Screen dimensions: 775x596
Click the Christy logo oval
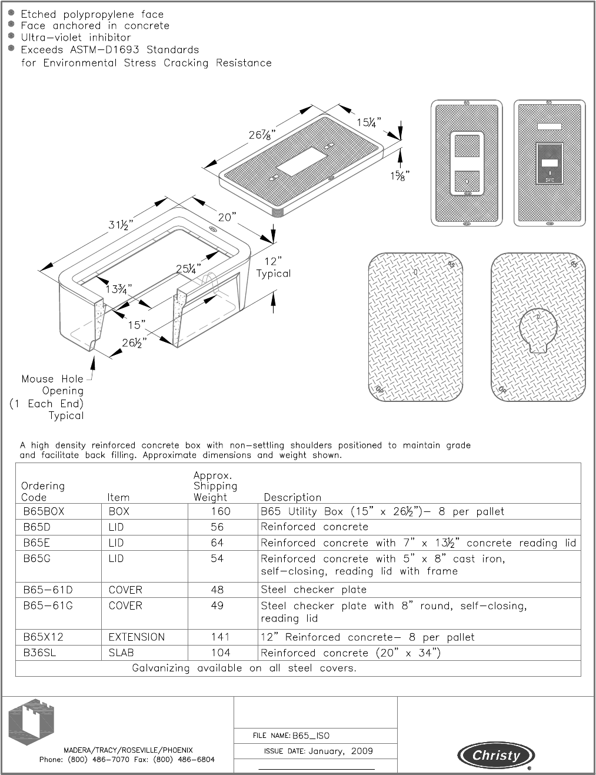pyautogui.click(x=497, y=756)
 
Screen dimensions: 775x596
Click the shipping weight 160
pyautogui.click(x=220, y=511)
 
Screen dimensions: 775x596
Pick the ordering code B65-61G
pyautogui.click(x=48, y=606)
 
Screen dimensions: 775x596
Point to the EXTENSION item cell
pyautogui.click(x=136, y=637)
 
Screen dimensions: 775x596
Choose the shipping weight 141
pyautogui.click(x=220, y=637)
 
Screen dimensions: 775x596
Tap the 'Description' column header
pyautogui.click(x=292, y=497)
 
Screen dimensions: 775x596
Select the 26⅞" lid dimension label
pyautogui.click(x=261, y=135)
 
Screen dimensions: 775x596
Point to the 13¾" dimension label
pyautogui.click(x=119, y=289)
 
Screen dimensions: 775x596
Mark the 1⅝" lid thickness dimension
pyautogui.click(x=398, y=175)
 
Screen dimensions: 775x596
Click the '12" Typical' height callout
pyautogui.click(x=273, y=267)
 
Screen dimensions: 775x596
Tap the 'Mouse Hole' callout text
pyautogui.click(x=52, y=379)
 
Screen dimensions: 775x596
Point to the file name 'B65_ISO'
pyautogui.click(x=315, y=736)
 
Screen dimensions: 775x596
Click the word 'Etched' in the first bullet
pyautogui.click(x=39, y=14)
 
